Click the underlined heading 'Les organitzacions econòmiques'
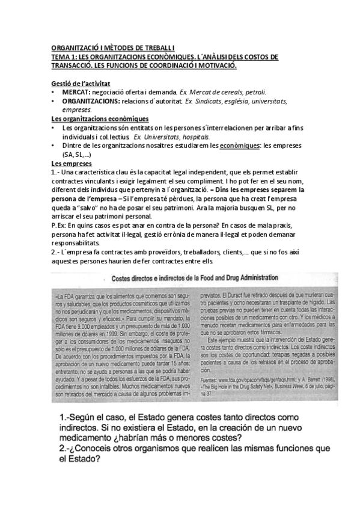pos(100,119)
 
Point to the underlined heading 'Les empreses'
pos(71,164)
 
